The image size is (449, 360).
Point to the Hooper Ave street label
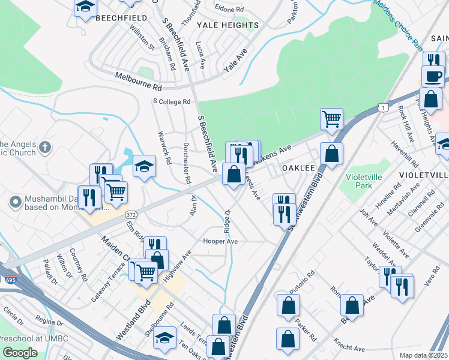222,241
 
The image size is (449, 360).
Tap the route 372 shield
131,214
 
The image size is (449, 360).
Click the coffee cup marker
433,77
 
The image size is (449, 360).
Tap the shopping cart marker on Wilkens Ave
331,119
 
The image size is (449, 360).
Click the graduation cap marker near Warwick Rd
144,166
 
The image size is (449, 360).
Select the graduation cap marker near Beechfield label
86,7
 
